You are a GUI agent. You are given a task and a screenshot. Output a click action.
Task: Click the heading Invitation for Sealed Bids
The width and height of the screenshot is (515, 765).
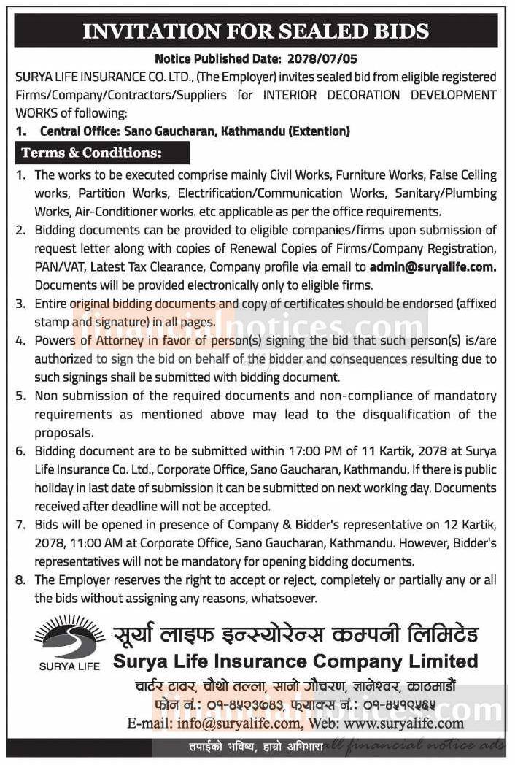[x=257, y=31]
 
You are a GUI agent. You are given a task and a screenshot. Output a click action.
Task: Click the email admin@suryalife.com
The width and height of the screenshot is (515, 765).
[x=433, y=266]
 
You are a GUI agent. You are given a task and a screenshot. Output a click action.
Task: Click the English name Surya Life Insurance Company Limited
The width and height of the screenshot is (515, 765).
[x=295, y=661]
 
